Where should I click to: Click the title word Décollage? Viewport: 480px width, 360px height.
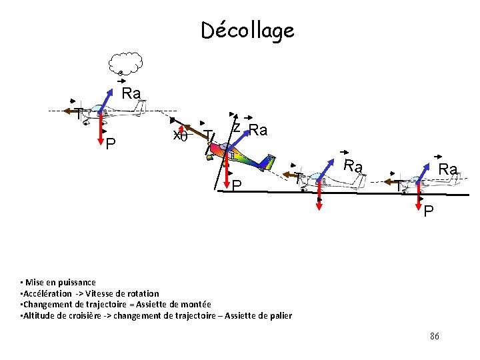(247, 31)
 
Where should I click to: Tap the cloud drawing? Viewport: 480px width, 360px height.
(126, 63)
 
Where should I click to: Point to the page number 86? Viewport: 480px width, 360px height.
(434, 336)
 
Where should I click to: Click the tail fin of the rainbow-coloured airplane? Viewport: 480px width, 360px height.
(269, 162)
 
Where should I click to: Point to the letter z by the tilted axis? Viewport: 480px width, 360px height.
(237, 127)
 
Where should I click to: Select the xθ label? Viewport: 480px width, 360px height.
(180, 135)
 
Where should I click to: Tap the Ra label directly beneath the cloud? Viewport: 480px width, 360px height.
(131, 93)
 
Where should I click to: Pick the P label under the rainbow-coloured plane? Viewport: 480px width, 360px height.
(237, 185)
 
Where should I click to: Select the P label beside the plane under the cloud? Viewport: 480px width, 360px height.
(110, 144)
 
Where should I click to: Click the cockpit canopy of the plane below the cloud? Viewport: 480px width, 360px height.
(99, 108)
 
